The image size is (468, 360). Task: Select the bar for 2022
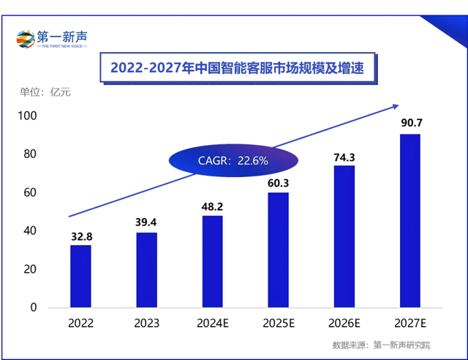81,276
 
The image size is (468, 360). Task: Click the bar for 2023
146,270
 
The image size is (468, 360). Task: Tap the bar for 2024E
212,261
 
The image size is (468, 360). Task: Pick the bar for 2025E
278,250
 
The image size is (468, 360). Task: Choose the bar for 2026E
344,236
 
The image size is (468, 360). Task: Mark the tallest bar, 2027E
409,220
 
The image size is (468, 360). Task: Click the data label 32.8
81,236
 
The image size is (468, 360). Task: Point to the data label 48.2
212,206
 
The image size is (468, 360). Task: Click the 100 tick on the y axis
27,116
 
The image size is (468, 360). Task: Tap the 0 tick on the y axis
33,307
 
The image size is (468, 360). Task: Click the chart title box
236,68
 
